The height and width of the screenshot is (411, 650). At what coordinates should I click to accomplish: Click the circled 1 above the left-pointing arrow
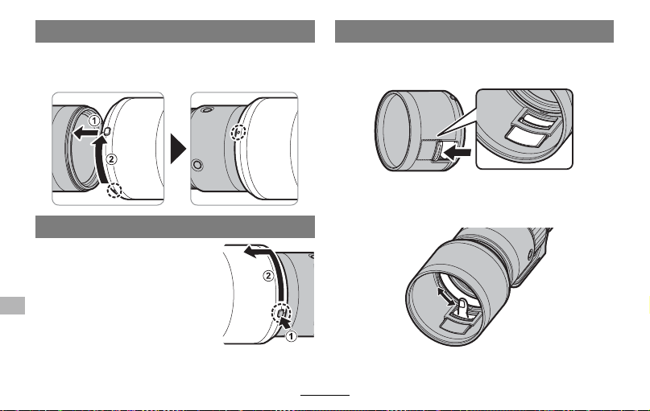coord(94,121)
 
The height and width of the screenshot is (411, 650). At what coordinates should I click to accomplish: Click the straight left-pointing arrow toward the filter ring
coord(85,134)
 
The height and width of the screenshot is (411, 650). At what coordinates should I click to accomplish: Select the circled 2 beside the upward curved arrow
coord(111,159)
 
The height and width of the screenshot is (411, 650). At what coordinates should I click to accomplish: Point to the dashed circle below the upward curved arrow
coord(114,191)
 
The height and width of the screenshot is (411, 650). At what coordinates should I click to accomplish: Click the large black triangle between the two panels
coord(178,149)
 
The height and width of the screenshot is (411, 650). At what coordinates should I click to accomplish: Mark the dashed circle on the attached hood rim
coord(238,133)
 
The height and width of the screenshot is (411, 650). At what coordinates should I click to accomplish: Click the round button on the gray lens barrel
coord(197,165)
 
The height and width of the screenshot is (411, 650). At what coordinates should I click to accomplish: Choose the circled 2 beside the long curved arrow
coord(269,276)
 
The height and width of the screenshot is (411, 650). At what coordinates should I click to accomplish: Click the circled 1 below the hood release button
coord(291,336)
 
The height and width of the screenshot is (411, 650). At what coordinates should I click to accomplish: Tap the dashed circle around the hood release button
coord(281,313)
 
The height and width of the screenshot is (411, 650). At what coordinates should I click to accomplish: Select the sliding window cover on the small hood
coord(437,152)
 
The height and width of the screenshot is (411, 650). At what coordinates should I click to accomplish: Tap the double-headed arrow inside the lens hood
coord(445,297)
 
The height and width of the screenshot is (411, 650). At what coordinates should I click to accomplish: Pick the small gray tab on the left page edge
coord(12,306)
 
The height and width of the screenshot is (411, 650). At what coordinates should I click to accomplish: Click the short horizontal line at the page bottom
coord(325,395)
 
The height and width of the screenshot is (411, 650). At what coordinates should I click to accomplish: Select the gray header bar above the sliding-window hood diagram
coord(474,31)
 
